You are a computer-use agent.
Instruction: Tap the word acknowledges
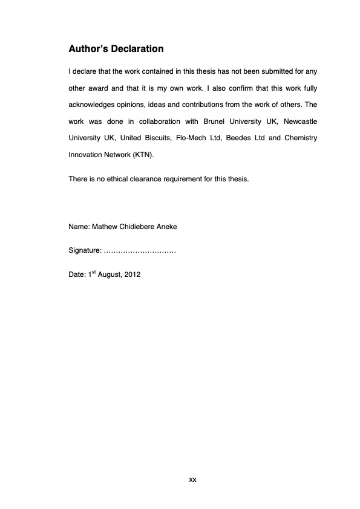coord(96,105)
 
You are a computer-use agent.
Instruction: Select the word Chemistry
coord(301,138)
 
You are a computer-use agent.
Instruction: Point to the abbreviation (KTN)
coord(142,155)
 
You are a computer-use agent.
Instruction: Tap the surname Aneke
coord(167,227)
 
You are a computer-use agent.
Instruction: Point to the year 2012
coord(132,274)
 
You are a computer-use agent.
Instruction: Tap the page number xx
coord(192,479)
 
